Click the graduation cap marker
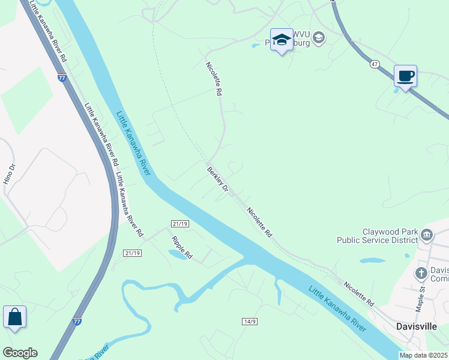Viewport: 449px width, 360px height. click(280, 40)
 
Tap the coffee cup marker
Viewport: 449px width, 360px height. click(405, 76)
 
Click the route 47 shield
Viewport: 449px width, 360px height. click(374, 64)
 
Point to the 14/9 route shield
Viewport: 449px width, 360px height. click(250, 322)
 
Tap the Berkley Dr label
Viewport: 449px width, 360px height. click(218, 179)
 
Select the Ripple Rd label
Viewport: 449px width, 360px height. click(181, 247)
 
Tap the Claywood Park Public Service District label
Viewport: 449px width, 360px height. click(390, 236)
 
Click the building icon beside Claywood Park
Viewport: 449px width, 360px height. click(427, 234)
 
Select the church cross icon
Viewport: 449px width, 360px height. click(421, 274)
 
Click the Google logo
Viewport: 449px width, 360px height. click(20, 353)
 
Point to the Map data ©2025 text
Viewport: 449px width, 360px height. click(423, 355)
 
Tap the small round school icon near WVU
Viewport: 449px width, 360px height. click(318, 38)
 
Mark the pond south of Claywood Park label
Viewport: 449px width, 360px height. click(372, 261)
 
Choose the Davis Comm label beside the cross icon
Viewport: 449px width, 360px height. click(439, 274)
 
